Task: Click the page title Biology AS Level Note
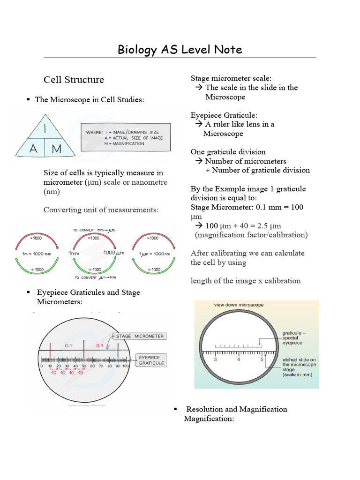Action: click(x=180, y=49)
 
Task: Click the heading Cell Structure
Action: click(x=74, y=80)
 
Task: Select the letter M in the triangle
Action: click(x=57, y=149)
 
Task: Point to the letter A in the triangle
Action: click(x=34, y=149)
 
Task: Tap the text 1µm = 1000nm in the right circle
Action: click(x=151, y=253)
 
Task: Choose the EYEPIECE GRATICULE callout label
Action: click(x=151, y=360)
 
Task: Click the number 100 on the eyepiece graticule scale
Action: click(x=125, y=366)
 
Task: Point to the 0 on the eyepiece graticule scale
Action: click(x=42, y=366)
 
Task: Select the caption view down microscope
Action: click(x=239, y=305)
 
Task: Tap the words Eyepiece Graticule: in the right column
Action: click(x=224, y=115)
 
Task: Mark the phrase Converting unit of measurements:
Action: click(x=101, y=210)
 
